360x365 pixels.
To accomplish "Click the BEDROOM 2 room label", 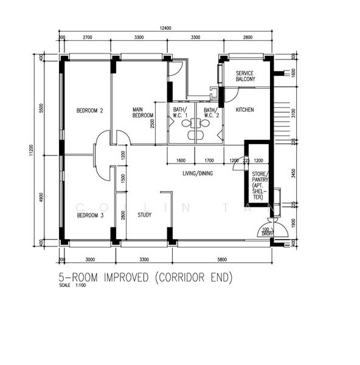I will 89,111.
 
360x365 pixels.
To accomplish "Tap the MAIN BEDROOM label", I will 142,113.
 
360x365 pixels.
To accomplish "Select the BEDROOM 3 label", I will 89,215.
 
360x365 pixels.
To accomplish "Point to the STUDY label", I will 144,215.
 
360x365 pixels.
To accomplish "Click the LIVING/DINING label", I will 198,173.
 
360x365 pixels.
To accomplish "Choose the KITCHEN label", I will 244,110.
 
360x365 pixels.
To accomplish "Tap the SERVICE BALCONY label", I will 245,76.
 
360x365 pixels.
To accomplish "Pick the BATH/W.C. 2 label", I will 210,113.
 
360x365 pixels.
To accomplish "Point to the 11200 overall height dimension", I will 31,150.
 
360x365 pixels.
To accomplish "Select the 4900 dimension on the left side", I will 41,198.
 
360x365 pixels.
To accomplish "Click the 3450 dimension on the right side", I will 292,173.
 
